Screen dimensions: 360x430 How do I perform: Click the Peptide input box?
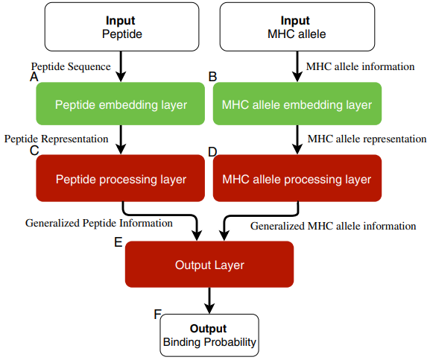[x=121, y=27]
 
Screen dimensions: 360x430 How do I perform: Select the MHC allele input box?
[x=297, y=27]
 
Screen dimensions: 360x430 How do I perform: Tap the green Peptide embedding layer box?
[x=121, y=104]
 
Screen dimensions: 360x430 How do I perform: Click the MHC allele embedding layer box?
[x=297, y=104]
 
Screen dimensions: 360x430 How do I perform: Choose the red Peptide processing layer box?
[x=121, y=179]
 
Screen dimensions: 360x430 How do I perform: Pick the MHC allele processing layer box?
[x=297, y=179]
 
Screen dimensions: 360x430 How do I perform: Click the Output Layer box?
[x=209, y=265]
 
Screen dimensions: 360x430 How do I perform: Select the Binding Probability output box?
[x=209, y=335]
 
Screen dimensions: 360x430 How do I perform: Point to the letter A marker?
[x=34, y=77]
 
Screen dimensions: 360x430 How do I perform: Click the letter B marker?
[x=212, y=77]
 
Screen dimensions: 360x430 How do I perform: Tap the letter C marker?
[x=34, y=151]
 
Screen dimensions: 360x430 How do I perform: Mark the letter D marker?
[x=212, y=151]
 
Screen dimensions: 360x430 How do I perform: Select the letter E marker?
[x=118, y=242]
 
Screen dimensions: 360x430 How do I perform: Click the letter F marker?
[x=158, y=314]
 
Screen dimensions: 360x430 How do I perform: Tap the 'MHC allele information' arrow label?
[x=360, y=66]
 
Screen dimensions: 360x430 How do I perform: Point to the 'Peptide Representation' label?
[x=57, y=139]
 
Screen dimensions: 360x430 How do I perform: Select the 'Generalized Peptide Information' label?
[x=99, y=222]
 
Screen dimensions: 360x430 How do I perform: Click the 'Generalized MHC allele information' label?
[x=333, y=225]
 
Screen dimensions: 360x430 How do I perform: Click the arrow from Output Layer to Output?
[x=209, y=300]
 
